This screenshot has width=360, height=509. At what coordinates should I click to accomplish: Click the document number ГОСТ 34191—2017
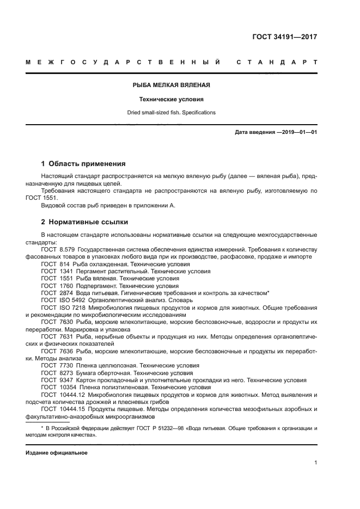(x=284, y=37)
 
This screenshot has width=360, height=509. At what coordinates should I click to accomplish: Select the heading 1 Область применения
(x=83, y=163)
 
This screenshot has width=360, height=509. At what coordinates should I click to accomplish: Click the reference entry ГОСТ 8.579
(x=59, y=249)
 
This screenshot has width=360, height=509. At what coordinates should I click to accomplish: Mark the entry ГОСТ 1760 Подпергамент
(x=109, y=285)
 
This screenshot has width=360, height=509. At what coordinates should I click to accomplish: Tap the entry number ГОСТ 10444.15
(x=63, y=409)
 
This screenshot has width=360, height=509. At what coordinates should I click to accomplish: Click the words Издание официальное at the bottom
(x=56, y=452)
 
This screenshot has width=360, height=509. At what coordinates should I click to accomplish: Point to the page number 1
(x=315, y=463)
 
